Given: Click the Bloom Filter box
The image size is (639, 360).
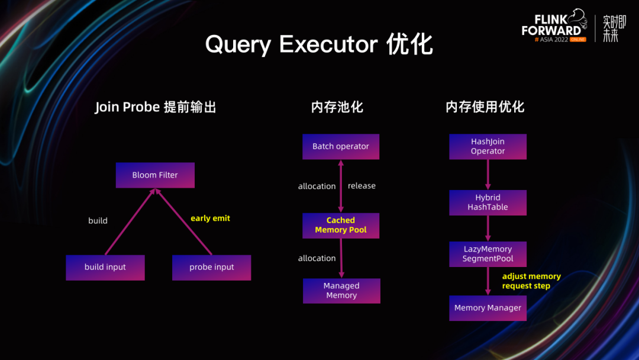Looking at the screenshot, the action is click(155, 175).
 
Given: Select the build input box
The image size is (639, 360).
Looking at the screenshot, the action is click(105, 268).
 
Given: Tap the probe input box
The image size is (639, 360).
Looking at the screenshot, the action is click(211, 268).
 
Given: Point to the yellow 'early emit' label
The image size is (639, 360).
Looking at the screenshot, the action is click(210, 218).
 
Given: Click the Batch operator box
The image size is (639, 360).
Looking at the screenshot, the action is click(341, 146).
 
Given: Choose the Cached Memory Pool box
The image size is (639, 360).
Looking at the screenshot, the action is click(341, 226).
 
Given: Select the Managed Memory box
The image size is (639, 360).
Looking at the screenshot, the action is click(341, 291).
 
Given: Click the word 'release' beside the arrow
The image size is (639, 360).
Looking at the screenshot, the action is click(362, 186).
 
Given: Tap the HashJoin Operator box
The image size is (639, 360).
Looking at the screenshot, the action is click(488, 146).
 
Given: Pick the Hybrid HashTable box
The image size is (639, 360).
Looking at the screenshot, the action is click(488, 202).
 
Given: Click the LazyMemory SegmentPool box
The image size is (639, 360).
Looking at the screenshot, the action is click(488, 254).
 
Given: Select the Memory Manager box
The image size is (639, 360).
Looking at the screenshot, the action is click(488, 308).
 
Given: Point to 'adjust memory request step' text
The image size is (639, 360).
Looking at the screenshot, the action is click(531, 281).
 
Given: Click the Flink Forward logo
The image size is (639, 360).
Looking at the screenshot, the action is click(554, 25).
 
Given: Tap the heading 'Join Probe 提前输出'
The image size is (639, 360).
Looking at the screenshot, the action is click(155, 107).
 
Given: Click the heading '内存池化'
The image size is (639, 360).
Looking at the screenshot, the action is click(337, 107).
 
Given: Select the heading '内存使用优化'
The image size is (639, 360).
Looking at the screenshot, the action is click(485, 107).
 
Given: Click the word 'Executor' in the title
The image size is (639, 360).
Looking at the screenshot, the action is click(328, 44).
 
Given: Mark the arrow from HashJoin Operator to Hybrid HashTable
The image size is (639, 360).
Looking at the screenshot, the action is click(488, 175).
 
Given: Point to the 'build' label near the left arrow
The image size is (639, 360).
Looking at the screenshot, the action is click(98, 221).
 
